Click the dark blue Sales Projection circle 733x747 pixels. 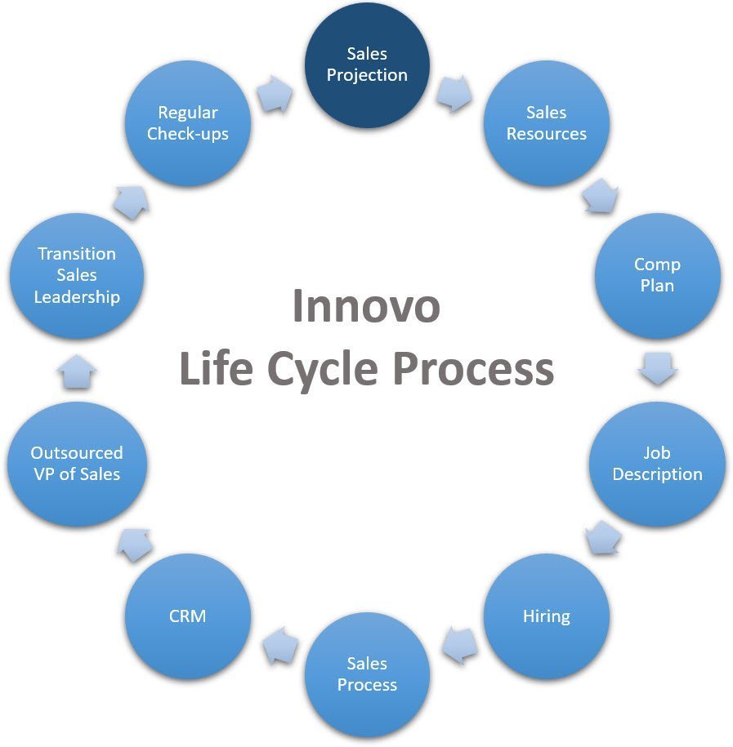click(x=367, y=64)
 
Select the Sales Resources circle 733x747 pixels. click(x=547, y=123)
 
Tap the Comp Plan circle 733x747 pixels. click(x=657, y=276)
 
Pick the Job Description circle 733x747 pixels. click(x=657, y=464)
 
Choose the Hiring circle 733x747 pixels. click(x=547, y=616)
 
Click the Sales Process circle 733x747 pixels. click(x=367, y=674)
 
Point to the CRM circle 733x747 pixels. click(x=188, y=616)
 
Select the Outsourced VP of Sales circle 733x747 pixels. click(x=77, y=464)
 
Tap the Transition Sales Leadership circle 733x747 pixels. click(x=77, y=276)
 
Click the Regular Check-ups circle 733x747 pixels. click(x=188, y=123)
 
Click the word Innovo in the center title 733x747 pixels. click(x=366, y=306)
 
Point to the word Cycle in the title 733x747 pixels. click(x=323, y=369)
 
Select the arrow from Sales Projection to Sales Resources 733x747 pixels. click(x=454, y=93)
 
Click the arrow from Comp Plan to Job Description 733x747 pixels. click(x=658, y=368)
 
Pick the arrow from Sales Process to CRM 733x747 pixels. click(x=280, y=646)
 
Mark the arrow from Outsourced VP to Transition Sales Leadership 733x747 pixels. click(x=77, y=371)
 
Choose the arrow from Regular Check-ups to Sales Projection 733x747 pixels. click(x=275, y=94)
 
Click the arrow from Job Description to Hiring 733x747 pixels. click(x=603, y=538)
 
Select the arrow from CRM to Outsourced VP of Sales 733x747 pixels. click(x=135, y=544)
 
